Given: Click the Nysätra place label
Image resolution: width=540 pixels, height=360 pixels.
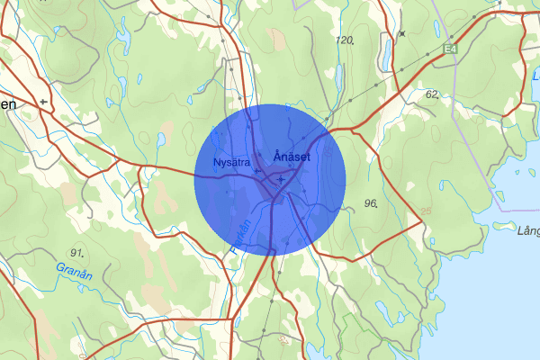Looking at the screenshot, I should [230, 163].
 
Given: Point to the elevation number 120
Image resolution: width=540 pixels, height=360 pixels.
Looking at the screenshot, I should [344, 41].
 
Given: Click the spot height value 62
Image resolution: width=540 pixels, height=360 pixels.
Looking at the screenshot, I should [432, 94].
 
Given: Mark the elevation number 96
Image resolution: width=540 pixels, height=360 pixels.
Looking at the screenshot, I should [370, 204].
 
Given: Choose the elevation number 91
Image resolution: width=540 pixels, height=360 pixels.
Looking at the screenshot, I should [76, 252].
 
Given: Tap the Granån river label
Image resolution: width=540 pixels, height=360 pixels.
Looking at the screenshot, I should [74, 268].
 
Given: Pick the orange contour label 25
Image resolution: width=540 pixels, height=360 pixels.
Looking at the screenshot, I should [425, 211].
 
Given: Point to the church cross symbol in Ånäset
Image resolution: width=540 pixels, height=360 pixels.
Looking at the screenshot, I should [281, 179].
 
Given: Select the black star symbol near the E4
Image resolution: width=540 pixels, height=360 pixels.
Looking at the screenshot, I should [402, 34].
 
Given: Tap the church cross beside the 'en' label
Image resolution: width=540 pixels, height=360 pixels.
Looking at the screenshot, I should [42, 103].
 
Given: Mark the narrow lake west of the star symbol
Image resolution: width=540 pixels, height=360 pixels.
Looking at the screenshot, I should [386, 53].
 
